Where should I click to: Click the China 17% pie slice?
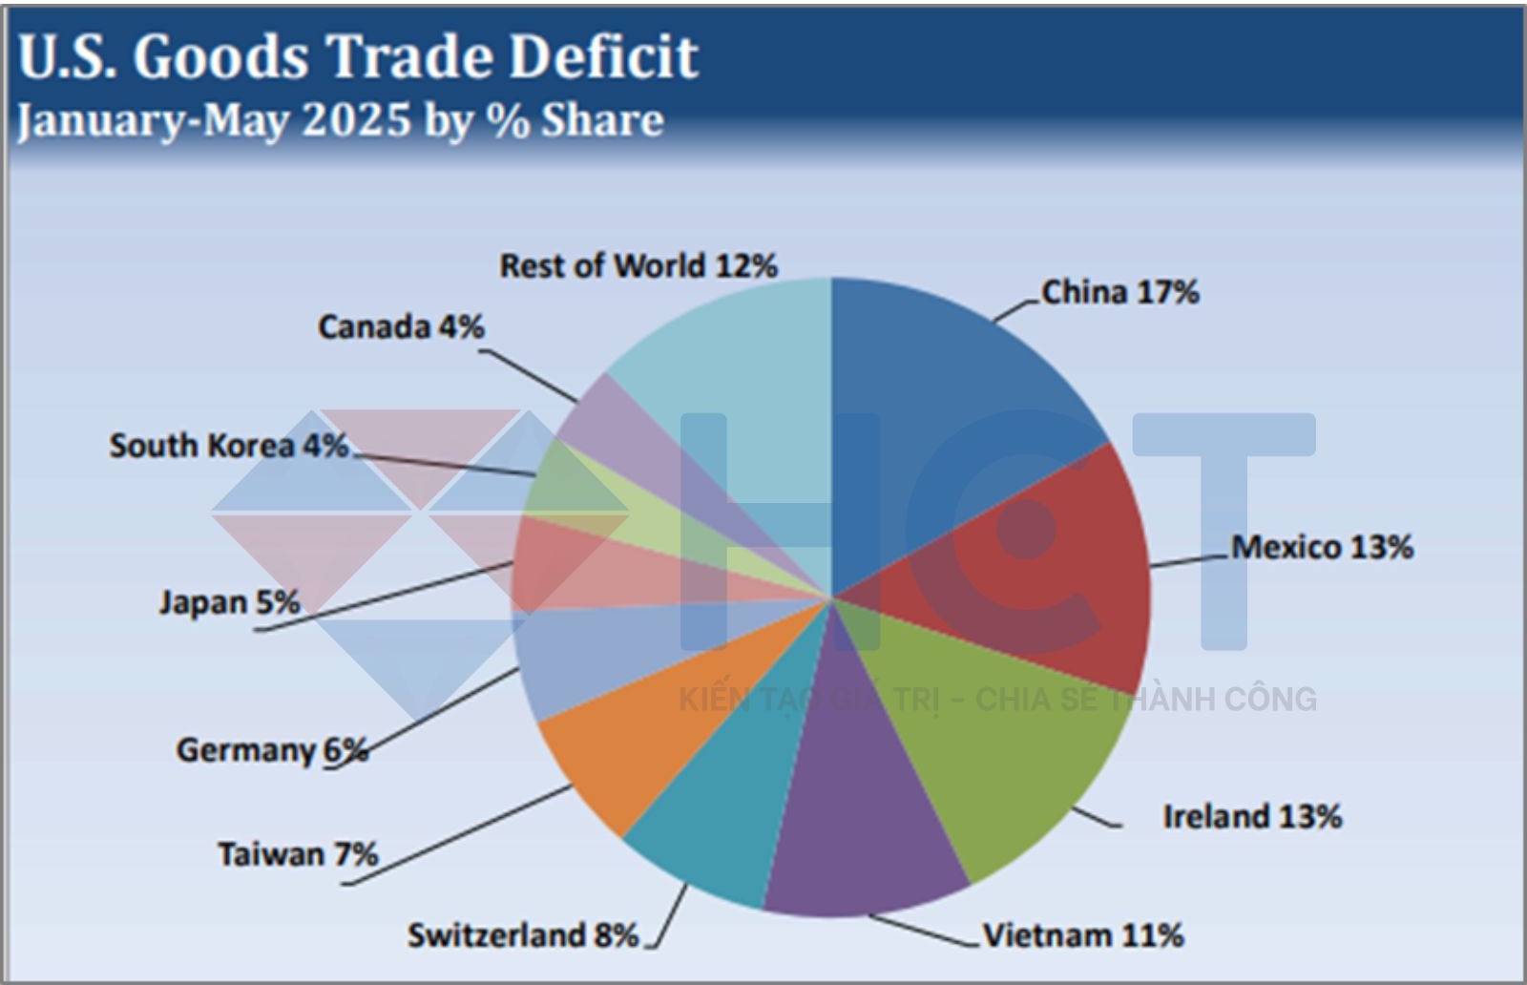(954, 410)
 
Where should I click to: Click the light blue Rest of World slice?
(744, 382)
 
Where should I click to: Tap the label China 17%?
(1119, 292)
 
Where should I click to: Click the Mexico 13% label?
(1322, 548)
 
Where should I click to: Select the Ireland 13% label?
(1252, 817)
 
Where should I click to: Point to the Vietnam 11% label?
(1083, 935)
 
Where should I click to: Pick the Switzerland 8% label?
(523, 935)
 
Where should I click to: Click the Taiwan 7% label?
(298, 853)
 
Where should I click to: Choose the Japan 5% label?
(229, 603)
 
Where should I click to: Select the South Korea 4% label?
(229, 446)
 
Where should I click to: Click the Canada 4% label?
(401, 327)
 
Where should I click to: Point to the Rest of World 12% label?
(638, 266)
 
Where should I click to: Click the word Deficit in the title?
(603, 57)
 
